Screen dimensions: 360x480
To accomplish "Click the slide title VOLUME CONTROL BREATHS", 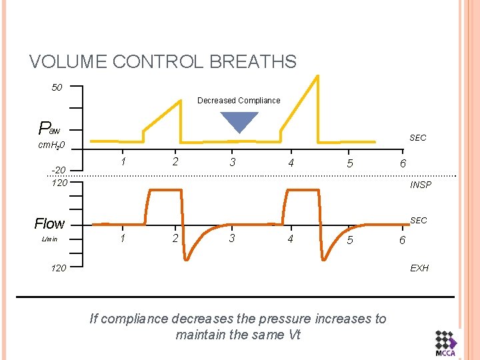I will point(163,62).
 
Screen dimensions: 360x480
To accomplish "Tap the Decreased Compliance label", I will point(239,101).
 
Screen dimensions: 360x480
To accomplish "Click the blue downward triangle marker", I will point(239,121).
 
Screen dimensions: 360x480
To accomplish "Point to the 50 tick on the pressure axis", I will point(57,87).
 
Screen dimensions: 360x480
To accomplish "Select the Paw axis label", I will point(49,128).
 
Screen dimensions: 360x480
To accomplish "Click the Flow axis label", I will point(49,223).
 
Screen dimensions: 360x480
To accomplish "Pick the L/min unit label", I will point(49,239).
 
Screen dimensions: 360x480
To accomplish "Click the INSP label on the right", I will point(421,185).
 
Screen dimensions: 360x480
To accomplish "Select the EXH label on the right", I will point(419,268).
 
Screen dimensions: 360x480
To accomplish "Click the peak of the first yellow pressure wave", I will point(181,101).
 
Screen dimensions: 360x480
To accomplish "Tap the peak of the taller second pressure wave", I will point(318,76).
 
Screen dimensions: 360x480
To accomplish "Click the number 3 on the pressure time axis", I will point(232,161).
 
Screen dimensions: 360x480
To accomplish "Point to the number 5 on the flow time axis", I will point(349,240).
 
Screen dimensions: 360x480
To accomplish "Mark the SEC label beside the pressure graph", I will point(418,138).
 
